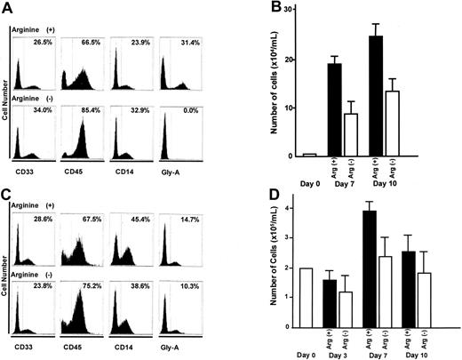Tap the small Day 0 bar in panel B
(x=309, y=155)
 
